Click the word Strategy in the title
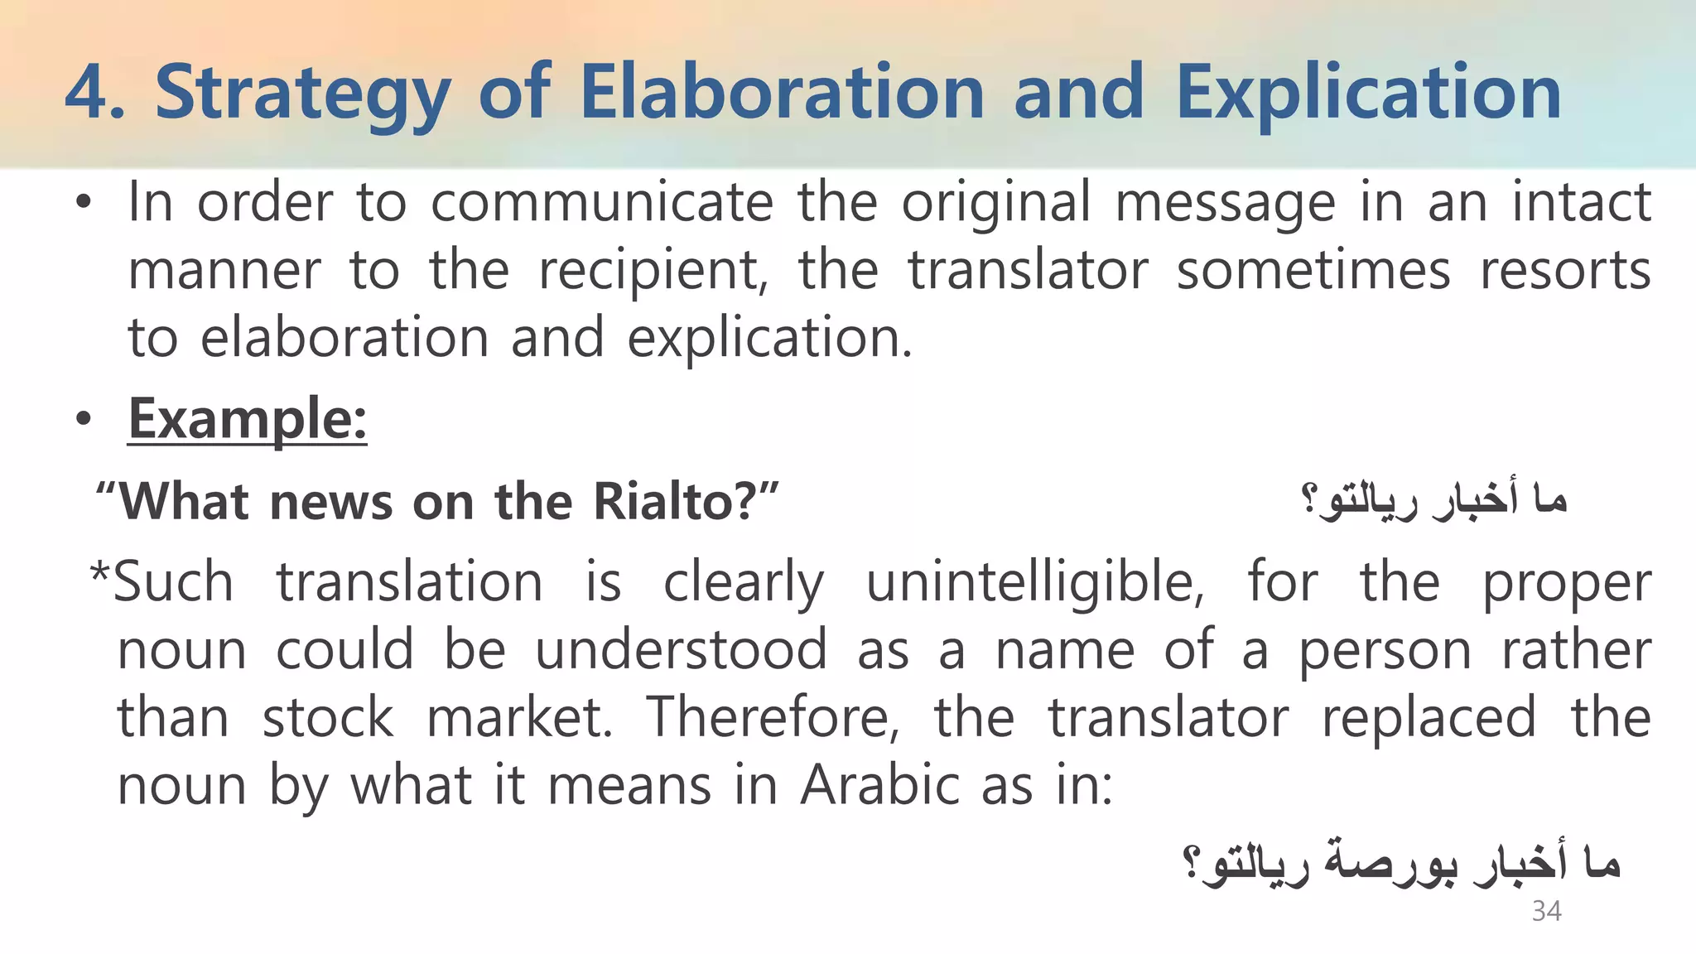pyautogui.click(x=302, y=93)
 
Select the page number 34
pyautogui.click(x=1546, y=911)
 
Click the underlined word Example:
pyautogui.click(x=247, y=419)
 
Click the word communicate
pyautogui.click(x=602, y=202)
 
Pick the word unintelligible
pyautogui.click(x=1035, y=581)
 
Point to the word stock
pyautogui.click(x=328, y=717)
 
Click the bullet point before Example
pyautogui.click(x=82, y=421)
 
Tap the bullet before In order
pyautogui.click(x=82, y=205)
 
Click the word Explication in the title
pyautogui.click(x=1368, y=93)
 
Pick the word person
pyautogui.click(x=1385, y=651)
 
